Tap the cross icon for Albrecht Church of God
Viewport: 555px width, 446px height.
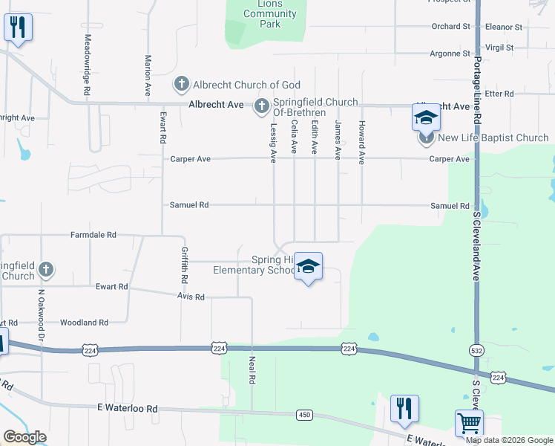(181, 84)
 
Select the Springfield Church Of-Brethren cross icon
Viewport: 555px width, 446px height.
(261, 108)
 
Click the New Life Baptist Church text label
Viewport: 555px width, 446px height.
(493, 138)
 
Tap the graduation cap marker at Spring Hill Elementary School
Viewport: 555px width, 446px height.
(309, 267)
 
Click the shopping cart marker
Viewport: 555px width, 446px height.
(469, 424)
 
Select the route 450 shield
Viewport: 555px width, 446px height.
(303, 414)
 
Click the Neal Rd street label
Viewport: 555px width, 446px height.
(252, 369)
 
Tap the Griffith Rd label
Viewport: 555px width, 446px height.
(183, 265)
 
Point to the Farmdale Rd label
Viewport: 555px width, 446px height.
(93, 235)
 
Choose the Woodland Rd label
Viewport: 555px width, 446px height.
(85, 323)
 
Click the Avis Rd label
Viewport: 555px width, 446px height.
(190, 297)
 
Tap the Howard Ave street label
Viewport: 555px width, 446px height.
(361, 142)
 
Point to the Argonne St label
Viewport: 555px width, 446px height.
(450, 54)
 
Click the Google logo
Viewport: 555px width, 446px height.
(24, 437)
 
